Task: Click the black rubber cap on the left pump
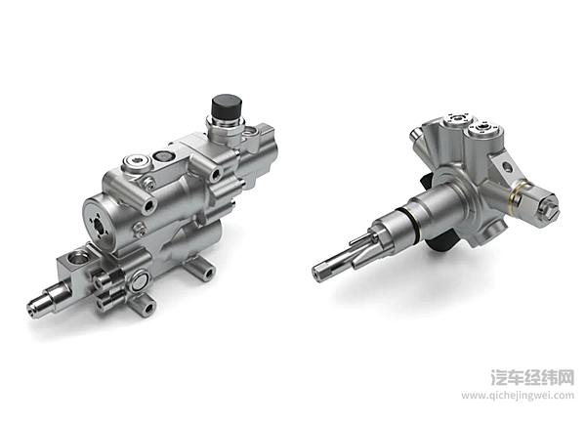(x=227, y=106)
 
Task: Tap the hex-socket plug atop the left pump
(x=137, y=161)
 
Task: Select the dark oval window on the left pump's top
(x=162, y=156)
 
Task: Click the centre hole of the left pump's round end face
(x=100, y=225)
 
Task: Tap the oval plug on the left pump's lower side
(x=139, y=281)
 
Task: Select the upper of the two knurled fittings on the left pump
(x=105, y=279)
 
